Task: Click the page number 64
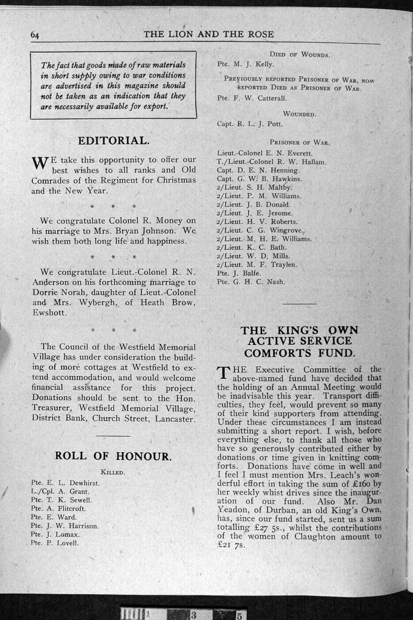pyautogui.click(x=35, y=35)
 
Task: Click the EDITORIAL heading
pyautogui.click(x=113, y=141)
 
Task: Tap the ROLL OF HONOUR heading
pyautogui.click(x=113, y=456)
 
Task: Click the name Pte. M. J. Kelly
pyautogui.click(x=245, y=64)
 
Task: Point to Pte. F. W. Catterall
pyautogui.click(x=252, y=98)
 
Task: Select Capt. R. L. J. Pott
pyautogui.click(x=250, y=124)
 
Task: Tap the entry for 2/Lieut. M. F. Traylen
pyautogui.click(x=257, y=264)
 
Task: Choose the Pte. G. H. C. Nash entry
pyautogui.click(x=251, y=282)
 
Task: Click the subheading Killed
pyautogui.click(x=113, y=472)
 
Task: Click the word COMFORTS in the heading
pyautogui.click(x=276, y=353)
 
